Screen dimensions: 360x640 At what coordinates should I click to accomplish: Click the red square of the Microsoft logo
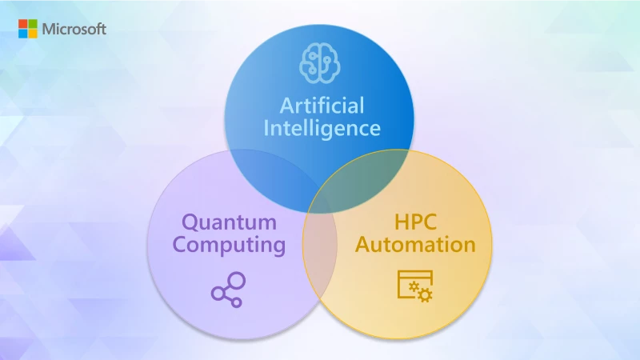23,24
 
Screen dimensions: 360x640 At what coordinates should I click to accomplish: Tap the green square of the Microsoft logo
32,24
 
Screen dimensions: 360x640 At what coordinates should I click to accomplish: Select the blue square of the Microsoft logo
23,34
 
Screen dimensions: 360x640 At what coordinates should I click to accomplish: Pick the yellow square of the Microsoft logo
32,34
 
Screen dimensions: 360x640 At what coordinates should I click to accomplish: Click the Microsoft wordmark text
74,29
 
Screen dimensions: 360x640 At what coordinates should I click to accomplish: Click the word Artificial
321,105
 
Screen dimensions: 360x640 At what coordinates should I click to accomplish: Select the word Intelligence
321,127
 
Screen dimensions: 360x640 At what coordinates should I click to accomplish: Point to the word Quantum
229,222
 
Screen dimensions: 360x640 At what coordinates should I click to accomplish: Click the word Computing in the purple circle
229,244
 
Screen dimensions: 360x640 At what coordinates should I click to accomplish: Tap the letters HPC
416,222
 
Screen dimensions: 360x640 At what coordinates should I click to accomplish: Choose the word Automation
416,244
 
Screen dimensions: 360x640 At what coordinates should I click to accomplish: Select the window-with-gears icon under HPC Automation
414,286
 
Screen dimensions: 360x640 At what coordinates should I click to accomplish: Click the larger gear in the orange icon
424,296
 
